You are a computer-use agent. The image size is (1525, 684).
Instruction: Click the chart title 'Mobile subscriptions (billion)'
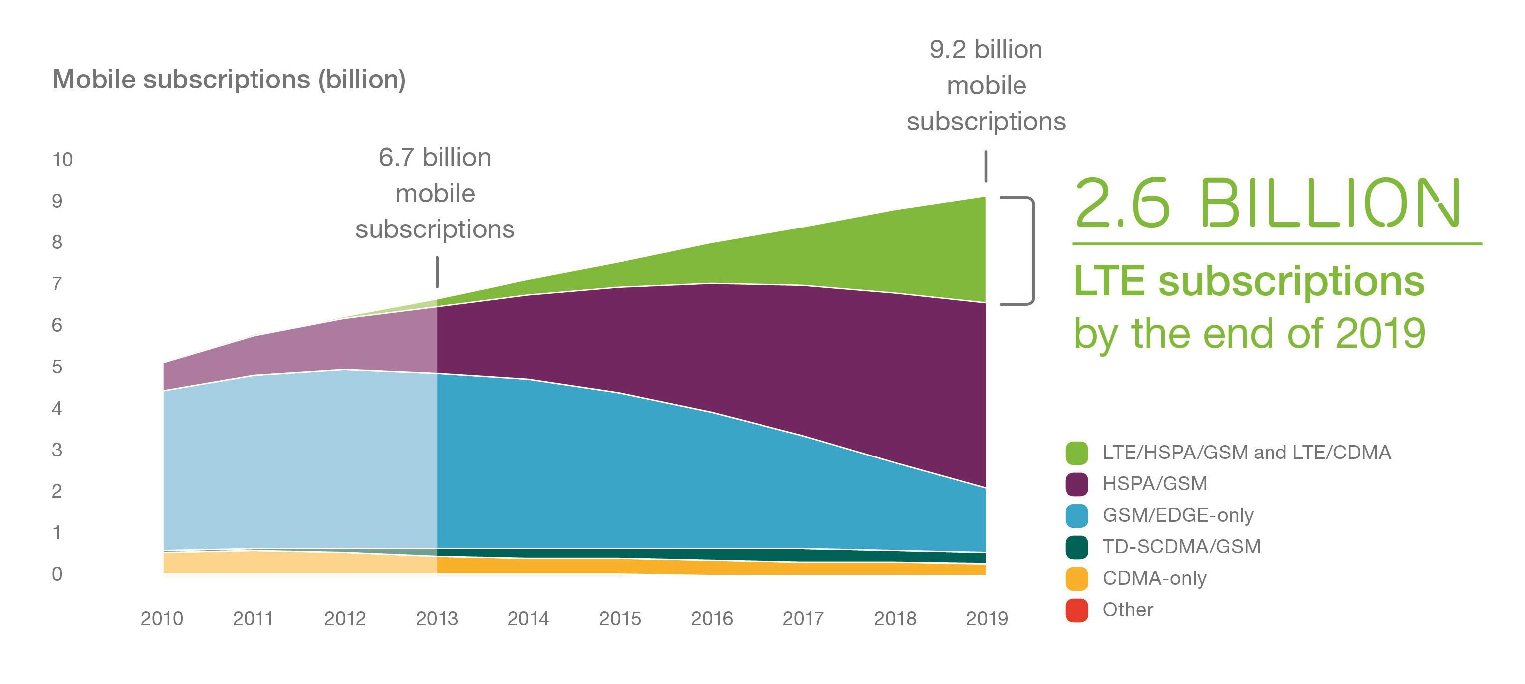pos(229,79)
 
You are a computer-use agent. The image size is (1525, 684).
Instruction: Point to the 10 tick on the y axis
pos(62,160)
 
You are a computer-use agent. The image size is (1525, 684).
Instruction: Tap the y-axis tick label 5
pos(57,367)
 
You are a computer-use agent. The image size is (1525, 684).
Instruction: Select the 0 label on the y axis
pos(57,574)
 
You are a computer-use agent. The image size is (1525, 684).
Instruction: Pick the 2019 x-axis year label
pos(986,618)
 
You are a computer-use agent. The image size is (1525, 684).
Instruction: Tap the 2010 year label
pos(162,618)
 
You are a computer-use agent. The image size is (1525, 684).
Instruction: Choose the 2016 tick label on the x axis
pos(712,618)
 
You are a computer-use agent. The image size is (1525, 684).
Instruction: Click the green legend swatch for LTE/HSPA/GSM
pos(1076,453)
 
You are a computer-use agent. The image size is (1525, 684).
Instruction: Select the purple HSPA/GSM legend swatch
pos(1076,484)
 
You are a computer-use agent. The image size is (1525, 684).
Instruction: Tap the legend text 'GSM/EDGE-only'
pos(1178,515)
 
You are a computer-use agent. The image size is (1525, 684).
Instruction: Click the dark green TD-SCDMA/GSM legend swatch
pos(1076,547)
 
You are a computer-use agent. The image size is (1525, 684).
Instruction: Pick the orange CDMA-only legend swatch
pos(1076,578)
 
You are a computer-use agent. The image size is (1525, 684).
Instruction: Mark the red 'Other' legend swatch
pos(1076,610)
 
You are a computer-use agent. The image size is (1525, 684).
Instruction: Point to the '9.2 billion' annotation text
pos(986,50)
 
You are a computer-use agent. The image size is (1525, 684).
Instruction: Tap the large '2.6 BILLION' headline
pos(1267,204)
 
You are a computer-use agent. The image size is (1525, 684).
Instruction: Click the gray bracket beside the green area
pos(1032,250)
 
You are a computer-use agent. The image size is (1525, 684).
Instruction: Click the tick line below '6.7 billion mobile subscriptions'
pos(437,272)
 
